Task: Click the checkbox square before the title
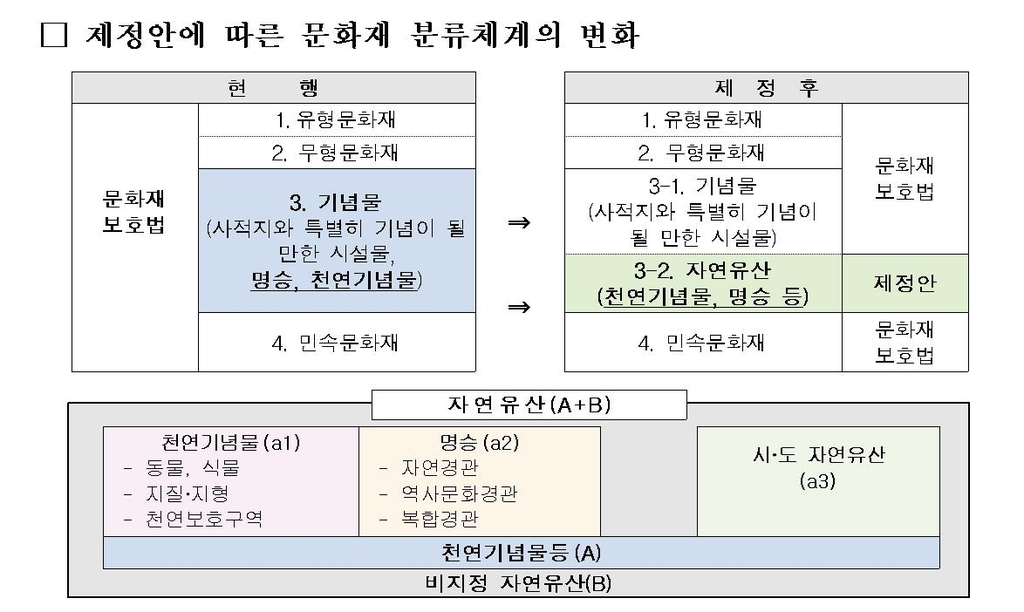(51, 38)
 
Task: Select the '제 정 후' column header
(767, 88)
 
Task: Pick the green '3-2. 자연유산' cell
(703, 283)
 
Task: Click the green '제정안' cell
(905, 284)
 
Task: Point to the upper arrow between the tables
(518, 222)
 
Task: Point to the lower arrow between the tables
(518, 307)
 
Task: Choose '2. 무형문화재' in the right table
(702, 153)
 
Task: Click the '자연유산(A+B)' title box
(528, 405)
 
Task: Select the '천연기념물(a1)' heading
(231, 441)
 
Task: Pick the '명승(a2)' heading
(479, 441)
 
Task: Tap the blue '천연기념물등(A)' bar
(521, 553)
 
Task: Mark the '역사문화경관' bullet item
(460, 493)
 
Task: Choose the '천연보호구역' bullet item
(204, 519)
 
